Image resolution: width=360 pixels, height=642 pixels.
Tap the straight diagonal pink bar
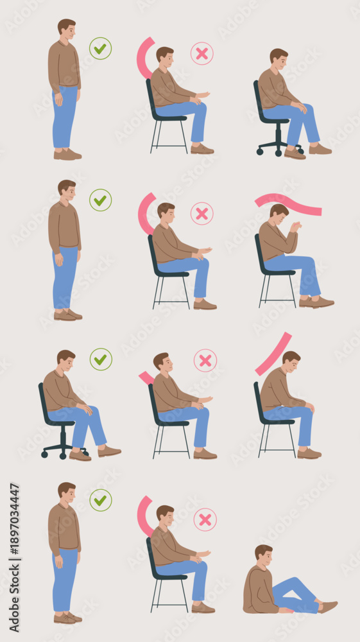273,354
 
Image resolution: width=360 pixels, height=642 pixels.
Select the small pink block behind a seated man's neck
146,378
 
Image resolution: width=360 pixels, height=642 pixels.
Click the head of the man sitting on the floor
264,555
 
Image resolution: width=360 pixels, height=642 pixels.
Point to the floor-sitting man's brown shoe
328,607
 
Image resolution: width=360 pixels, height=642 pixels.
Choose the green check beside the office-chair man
101,359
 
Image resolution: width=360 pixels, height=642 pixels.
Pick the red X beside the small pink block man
205,360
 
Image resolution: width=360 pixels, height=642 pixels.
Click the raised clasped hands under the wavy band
295,227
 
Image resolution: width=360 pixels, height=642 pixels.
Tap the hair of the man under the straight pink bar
291,356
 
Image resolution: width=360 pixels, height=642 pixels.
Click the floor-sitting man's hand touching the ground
286,611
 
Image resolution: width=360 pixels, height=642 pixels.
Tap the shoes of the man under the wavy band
316,302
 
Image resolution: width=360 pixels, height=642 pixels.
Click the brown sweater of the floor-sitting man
259,589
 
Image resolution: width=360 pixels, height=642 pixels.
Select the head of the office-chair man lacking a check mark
279,59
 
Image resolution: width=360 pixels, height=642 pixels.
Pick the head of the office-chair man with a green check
66,361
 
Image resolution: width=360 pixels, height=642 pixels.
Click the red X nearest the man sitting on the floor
205,519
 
